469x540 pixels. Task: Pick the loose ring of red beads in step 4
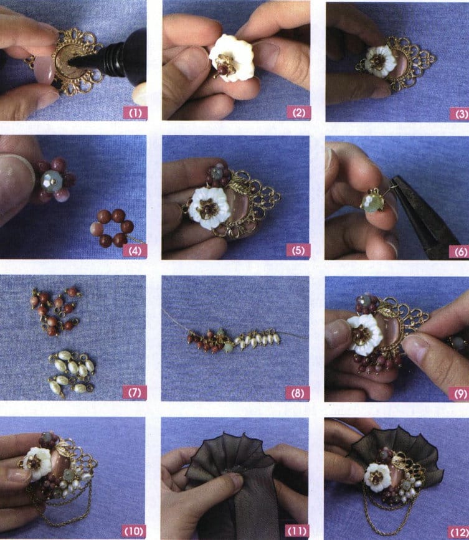tap(112, 228)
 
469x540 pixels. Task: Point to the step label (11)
tap(296, 531)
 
